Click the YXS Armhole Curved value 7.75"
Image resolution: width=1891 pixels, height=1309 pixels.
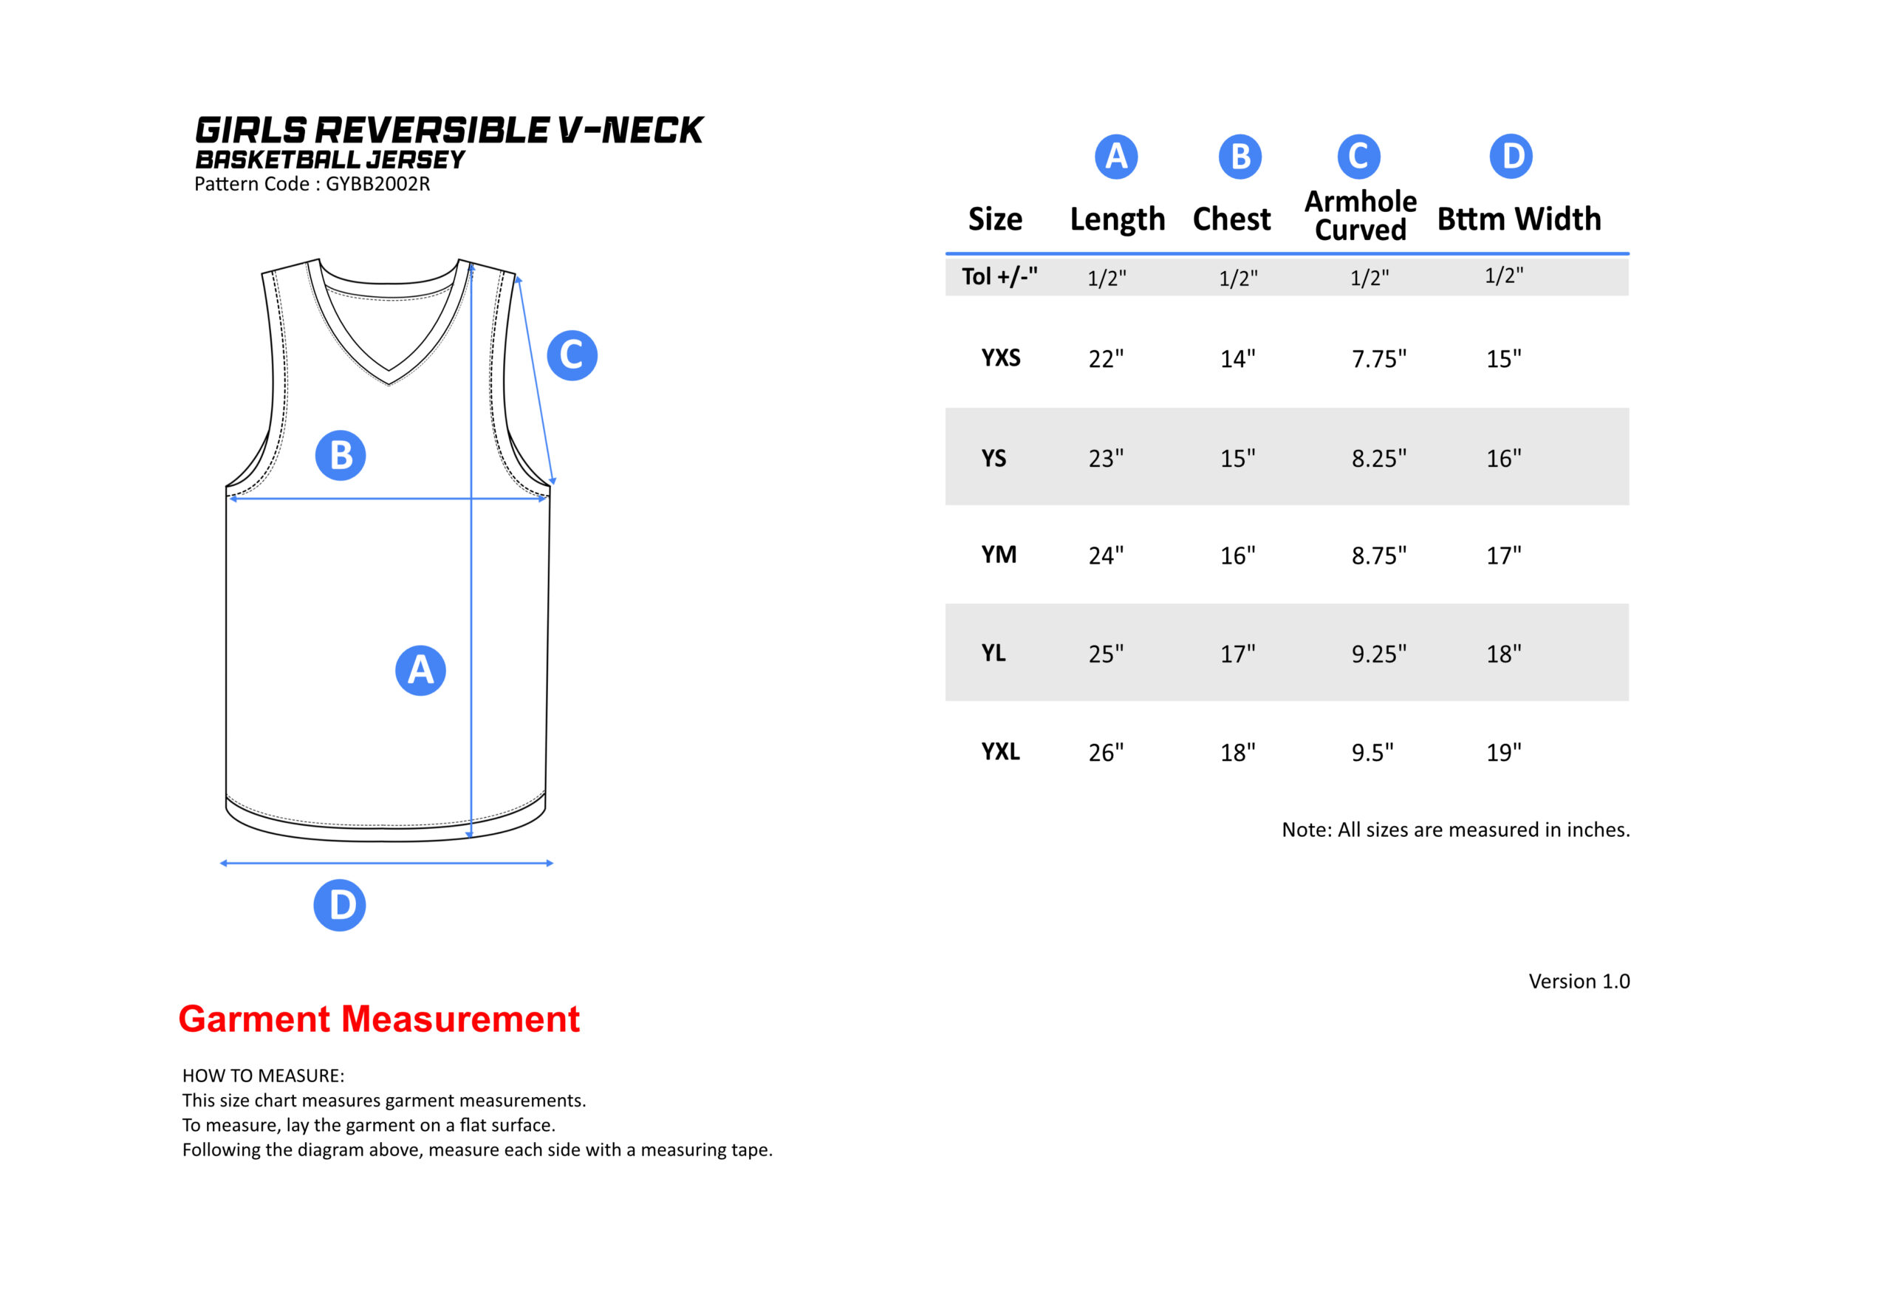pyautogui.click(x=1378, y=358)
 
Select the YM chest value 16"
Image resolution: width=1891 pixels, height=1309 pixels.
pyautogui.click(x=1237, y=556)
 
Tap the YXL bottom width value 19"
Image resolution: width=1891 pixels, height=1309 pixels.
pyautogui.click(x=1503, y=752)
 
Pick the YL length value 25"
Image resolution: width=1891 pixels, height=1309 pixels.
pyautogui.click(x=1105, y=654)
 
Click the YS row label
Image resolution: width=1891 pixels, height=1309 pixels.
pyautogui.click(x=994, y=458)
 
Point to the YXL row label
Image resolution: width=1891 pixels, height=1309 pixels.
pyautogui.click(x=1000, y=751)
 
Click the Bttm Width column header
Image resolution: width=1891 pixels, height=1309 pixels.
pyautogui.click(x=1519, y=219)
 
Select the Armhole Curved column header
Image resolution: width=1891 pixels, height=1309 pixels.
pyautogui.click(x=1361, y=216)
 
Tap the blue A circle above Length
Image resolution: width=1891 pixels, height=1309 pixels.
pyautogui.click(x=1116, y=156)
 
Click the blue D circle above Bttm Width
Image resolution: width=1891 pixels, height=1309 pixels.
pyautogui.click(x=1511, y=156)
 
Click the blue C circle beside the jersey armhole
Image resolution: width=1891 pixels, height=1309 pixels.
pyautogui.click(x=572, y=355)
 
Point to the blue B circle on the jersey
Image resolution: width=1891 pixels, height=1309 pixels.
pyautogui.click(x=341, y=455)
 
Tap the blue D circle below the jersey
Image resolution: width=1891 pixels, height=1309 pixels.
pyautogui.click(x=340, y=905)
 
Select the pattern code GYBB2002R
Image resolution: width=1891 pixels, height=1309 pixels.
pyautogui.click(x=378, y=184)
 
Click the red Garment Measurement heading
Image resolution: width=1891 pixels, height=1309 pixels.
pyautogui.click(x=379, y=1019)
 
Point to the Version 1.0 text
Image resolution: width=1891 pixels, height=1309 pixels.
pyautogui.click(x=1579, y=981)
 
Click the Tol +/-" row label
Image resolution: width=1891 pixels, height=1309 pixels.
pyautogui.click(x=999, y=276)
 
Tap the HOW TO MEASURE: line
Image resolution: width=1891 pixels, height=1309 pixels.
pyautogui.click(x=263, y=1076)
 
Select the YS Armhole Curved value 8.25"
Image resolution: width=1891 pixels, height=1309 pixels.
pyautogui.click(x=1378, y=458)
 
